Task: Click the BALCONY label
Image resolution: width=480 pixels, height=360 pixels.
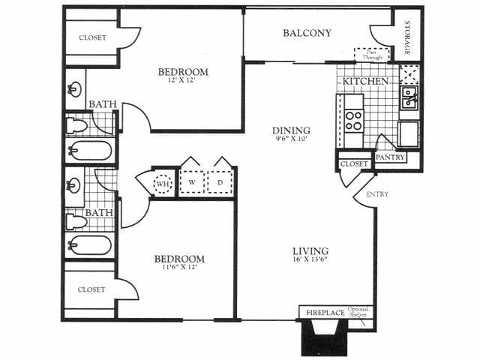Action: pos(307,33)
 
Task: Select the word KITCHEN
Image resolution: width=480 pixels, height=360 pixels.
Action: pos(365,80)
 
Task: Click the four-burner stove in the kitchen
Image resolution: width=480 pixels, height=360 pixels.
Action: pos(353,121)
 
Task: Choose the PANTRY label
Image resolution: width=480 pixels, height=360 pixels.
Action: pos(390,157)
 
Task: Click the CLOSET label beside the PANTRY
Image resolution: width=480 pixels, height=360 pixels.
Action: pos(354,163)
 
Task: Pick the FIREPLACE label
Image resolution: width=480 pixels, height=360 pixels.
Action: pos(324,313)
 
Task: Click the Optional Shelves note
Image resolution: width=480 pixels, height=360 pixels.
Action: pos(358,312)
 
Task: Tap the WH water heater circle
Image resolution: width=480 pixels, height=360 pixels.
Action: pos(163,182)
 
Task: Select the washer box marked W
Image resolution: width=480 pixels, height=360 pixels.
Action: pos(191,181)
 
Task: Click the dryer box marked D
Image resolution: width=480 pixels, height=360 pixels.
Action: pos(220,181)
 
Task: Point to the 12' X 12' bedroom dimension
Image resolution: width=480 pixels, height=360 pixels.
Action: pos(182,82)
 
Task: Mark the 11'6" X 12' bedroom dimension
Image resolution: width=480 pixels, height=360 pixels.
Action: pos(180,269)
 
